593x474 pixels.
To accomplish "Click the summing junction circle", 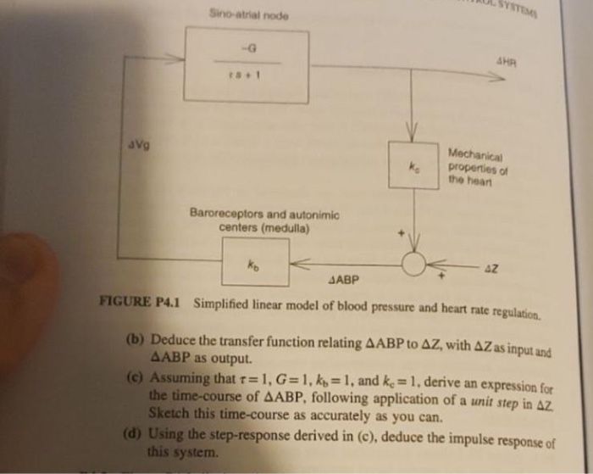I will click(x=414, y=264).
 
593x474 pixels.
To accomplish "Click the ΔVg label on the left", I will click(x=136, y=145).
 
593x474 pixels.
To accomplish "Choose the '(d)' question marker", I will click(x=134, y=434).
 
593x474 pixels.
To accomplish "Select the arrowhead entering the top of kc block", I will click(x=412, y=134).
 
